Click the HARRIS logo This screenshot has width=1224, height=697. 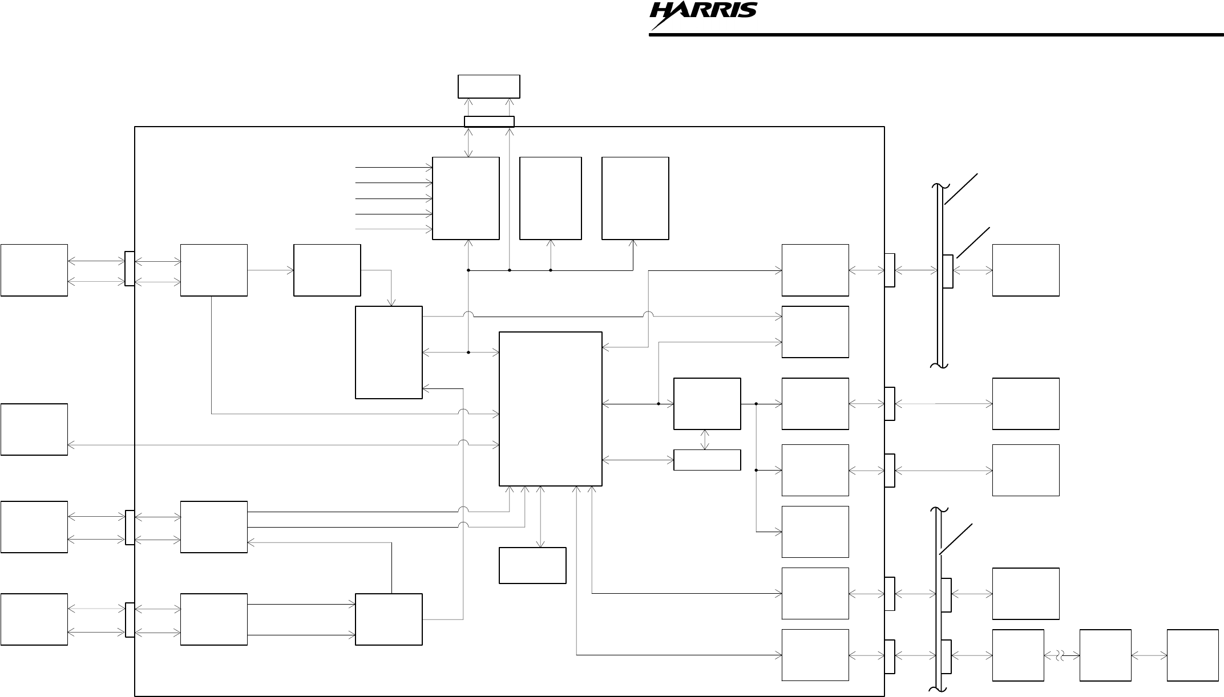click(703, 14)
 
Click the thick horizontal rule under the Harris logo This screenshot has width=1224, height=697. click(936, 35)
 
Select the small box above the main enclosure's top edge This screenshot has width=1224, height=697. click(488, 86)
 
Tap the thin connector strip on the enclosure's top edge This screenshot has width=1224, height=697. click(489, 121)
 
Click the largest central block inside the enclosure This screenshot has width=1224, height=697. click(550, 408)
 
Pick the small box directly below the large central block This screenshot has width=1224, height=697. click(532, 565)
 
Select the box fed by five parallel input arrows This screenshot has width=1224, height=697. click(466, 198)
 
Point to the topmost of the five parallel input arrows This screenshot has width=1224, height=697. click(394, 168)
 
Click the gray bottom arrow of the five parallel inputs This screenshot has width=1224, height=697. click(394, 229)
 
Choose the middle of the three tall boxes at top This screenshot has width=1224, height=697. click(550, 198)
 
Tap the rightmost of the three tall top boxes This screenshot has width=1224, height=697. click(635, 198)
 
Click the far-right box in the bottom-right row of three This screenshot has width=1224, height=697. click(1193, 655)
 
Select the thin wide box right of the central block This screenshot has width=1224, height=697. click(707, 460)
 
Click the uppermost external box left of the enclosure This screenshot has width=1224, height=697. click(34, 270)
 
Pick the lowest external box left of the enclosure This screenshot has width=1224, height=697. click(34, 619)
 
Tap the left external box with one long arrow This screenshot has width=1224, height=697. click(34, 429)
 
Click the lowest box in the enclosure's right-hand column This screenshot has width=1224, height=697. click(815, 655)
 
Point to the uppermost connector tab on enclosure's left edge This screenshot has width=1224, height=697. click(130, 269)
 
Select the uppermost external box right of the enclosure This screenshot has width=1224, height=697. click(1025, 270)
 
